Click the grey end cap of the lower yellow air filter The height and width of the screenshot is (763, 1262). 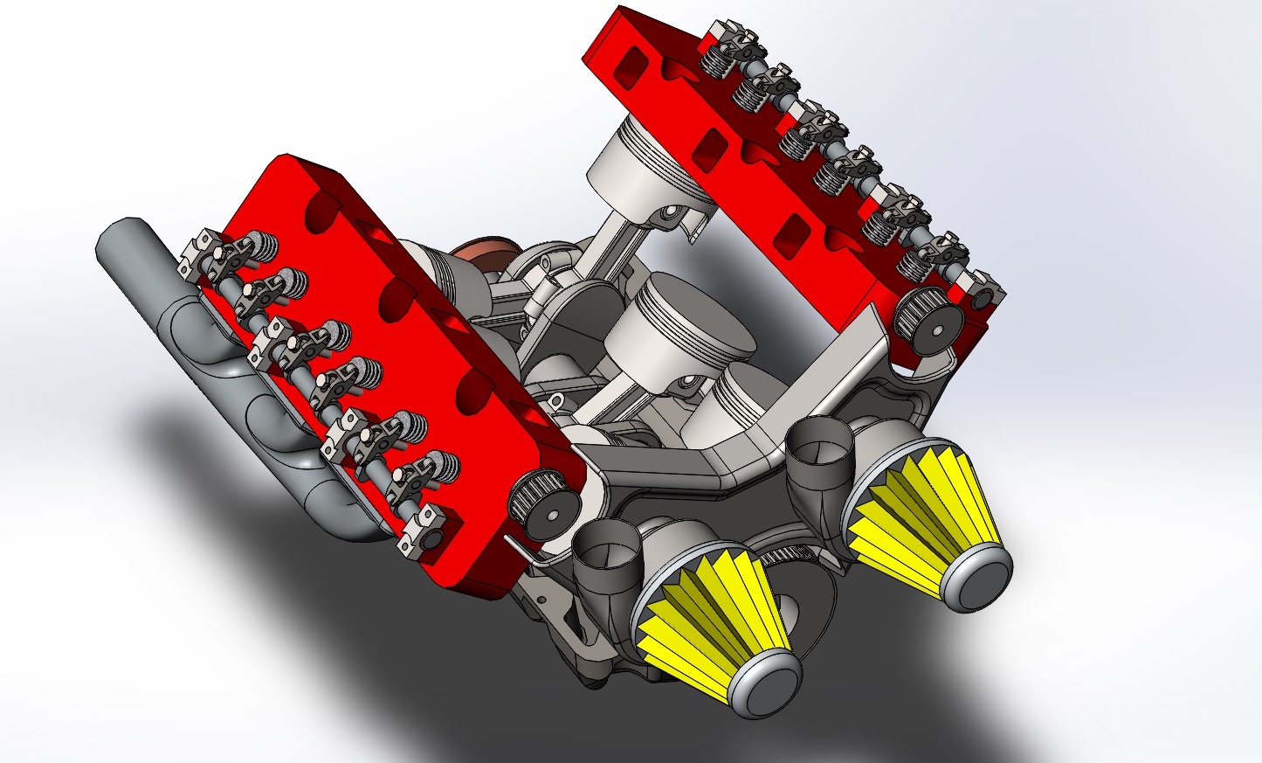(767, 681)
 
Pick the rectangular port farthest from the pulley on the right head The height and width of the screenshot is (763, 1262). (628, 63)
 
